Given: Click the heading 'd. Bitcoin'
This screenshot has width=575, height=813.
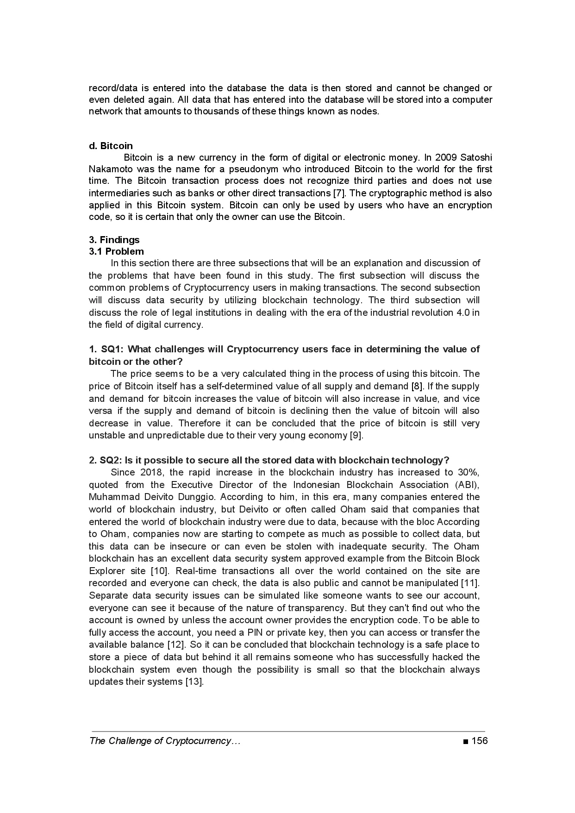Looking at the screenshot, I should (x=111, y=146).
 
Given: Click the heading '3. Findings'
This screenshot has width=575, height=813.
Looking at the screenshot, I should (x=114, y=240).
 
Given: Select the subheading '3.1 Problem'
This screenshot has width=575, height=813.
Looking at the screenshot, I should (x=116, y=251).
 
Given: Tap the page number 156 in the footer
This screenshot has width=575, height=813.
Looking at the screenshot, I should (x=480, y=741).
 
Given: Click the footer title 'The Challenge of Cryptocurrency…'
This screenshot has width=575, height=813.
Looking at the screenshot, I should (x=165, y=741).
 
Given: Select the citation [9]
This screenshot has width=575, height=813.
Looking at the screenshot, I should (x=356, y=436).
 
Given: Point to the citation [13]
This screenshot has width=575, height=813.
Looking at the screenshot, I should (x=194, y=682).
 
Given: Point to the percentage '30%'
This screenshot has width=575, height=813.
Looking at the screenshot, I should (x=468, y=472).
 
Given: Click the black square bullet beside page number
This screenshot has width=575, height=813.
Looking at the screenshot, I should (x=465, y=742).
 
